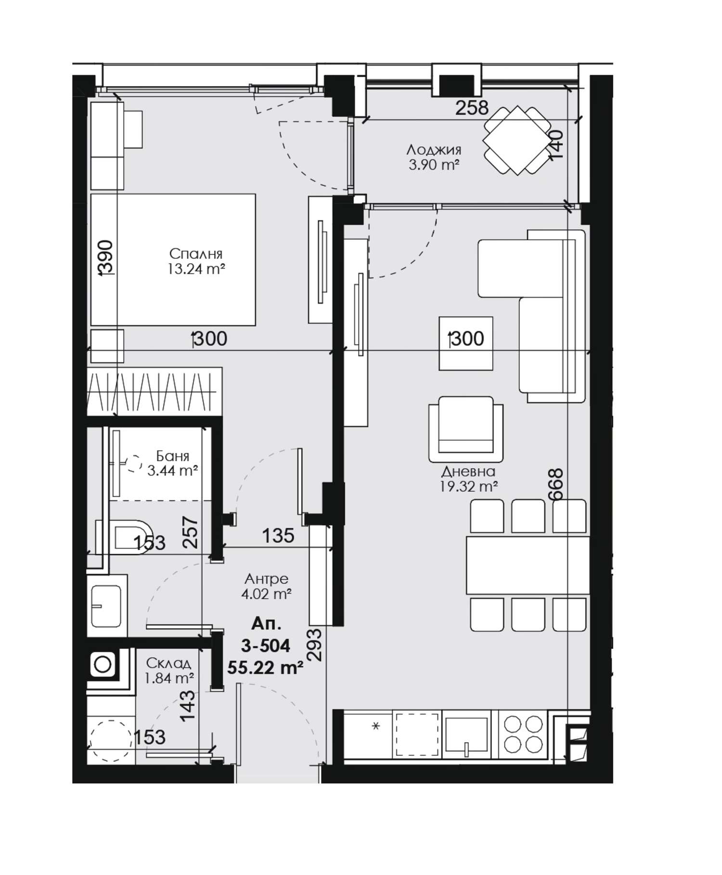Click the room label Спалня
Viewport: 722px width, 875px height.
(x=196, y=253)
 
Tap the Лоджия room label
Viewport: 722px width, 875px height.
(x=434, y=149)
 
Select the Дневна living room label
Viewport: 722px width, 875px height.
(x=468, y=471)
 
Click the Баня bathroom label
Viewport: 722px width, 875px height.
(x=173, y=455)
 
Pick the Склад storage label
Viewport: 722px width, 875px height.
(x=168, y=663)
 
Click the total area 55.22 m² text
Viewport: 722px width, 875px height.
(x=265, y=668)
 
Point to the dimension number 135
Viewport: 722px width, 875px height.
(x=278, y=535)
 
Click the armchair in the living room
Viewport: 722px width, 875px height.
(x=466, y=429)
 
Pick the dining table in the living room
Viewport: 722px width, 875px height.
(x=528, y=565)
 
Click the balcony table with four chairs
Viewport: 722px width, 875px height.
(x=517, y=141)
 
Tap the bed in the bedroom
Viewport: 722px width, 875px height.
(x=173, y=260)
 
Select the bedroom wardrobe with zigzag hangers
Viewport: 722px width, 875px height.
(x=155, y=391)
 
